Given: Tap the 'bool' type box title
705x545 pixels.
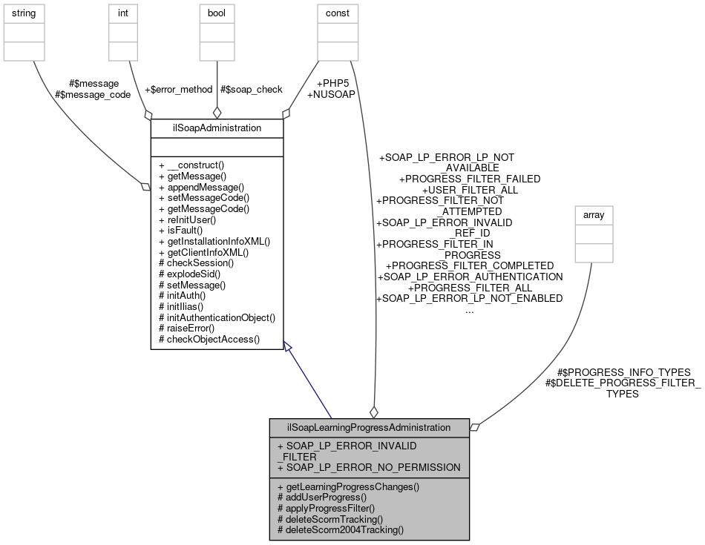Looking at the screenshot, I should (x=217, y=13).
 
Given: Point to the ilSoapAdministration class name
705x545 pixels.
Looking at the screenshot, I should (x=217, y=128).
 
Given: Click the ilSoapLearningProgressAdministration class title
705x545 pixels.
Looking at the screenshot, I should (x=369, y=427).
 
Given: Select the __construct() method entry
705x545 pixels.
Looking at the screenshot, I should (x=191, y=165).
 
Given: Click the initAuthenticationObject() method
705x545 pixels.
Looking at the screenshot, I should (x=217, y=317).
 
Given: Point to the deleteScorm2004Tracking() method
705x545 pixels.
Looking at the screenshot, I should (x=341, y=530).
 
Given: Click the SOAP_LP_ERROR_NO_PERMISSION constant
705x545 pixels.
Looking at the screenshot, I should (x=369, y=468).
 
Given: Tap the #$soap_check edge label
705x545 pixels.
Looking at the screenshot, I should (x=251, y=89).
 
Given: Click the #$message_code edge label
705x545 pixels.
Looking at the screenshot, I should (x=92, y=94).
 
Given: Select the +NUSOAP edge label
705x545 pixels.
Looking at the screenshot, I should (x=330, y=94).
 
